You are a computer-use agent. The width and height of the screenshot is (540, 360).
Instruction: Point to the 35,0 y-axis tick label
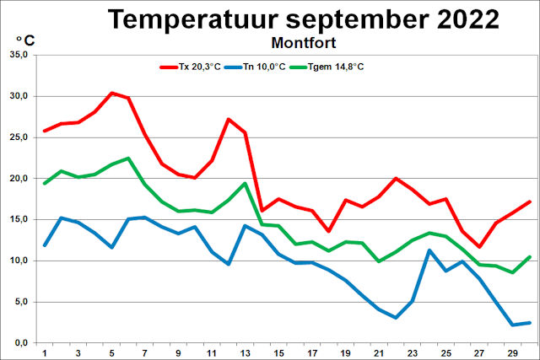(18, 55)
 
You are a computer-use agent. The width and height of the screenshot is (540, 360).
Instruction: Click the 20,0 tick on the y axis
(18, 179)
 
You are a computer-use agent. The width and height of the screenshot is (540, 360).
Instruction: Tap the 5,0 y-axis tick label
(19, 302)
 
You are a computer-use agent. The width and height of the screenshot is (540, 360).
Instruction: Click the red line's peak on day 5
(111, 93)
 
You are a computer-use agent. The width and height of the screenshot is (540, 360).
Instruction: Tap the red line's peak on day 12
(229, 119)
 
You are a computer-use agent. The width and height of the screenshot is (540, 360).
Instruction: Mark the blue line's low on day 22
(396, 318)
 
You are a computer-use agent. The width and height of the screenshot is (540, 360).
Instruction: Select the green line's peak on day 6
(128, 158)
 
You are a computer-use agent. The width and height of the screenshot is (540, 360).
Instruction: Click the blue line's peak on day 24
(429, 250)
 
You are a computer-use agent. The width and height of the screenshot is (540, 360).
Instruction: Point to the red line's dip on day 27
(479, 247)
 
